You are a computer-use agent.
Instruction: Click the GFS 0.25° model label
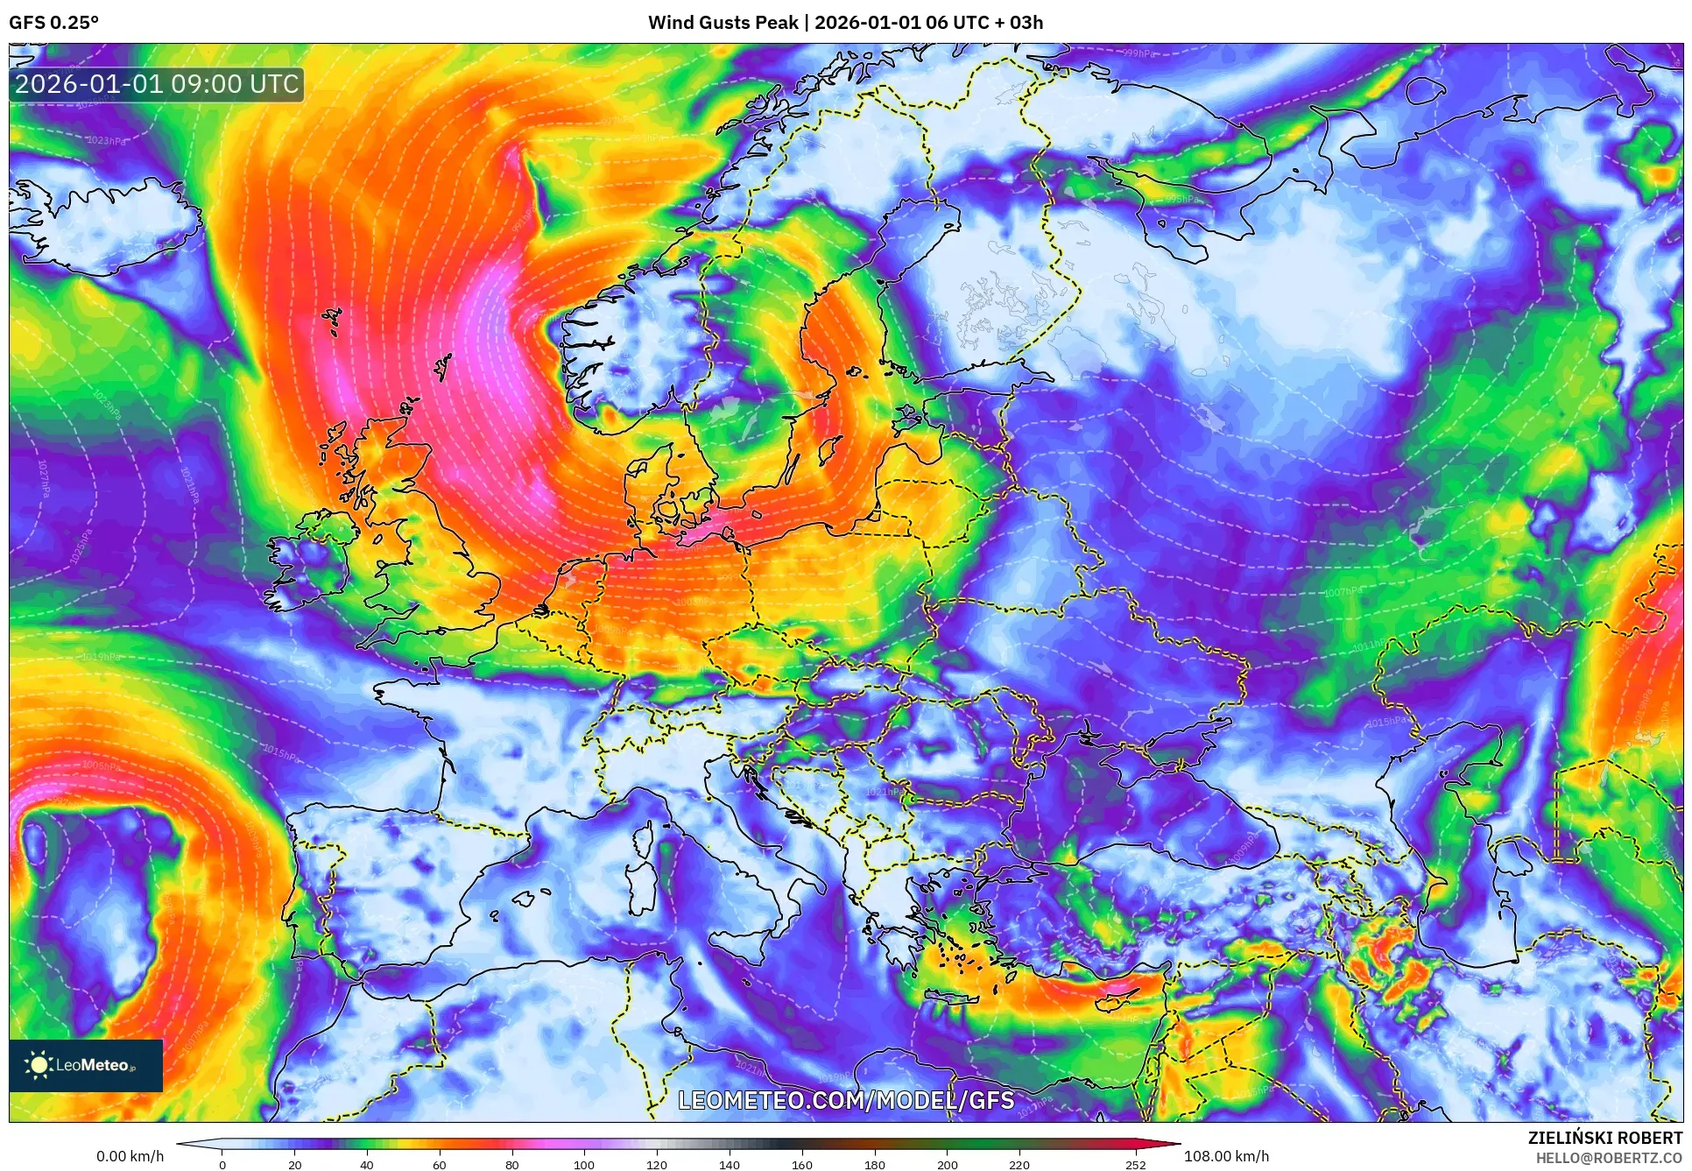[x=53, y=23]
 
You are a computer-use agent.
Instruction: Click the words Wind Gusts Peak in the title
[x=723, y=23]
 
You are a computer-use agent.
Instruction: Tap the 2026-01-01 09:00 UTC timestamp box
[x=157, y=84]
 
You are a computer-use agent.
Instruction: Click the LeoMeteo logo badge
[x=86, y=1065]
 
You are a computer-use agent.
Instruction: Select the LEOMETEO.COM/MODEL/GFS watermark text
[x=846, y=1100]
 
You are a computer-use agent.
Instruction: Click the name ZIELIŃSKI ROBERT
[x=1604, y=1138]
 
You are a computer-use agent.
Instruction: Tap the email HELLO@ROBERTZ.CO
[x=1608, y=1158]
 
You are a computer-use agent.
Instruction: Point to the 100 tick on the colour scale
[x=583, y=1164]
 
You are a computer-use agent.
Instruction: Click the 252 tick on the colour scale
[x=1135, y=1164]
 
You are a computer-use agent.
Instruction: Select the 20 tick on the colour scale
[x=294, y=1164]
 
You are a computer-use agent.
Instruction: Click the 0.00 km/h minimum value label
[x=130, y=1156]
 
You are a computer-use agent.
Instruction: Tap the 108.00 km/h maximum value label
[x=1226, y=1156]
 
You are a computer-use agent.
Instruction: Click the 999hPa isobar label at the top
[x=1139, y=53]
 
